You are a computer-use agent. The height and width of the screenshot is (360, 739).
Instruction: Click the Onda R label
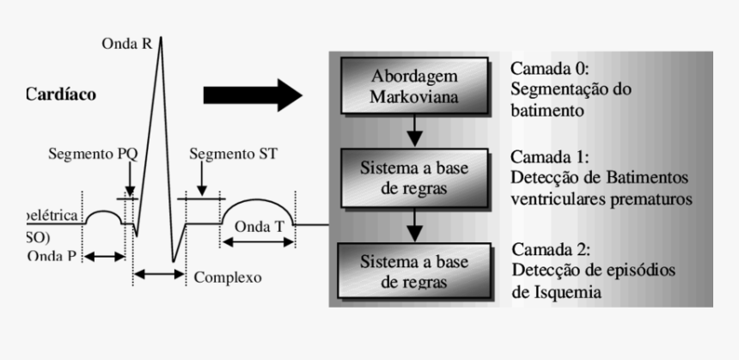tap(127, 42)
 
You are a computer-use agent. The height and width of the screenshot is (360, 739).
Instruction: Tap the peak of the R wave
tap(158, 40)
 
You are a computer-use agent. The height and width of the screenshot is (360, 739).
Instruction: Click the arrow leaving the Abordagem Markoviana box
tap(415, 129)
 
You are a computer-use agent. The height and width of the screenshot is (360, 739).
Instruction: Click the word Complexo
tap(228, 278)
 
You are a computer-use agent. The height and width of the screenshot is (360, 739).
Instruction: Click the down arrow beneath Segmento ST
tap(199, 181)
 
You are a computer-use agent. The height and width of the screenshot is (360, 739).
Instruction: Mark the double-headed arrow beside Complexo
tap(159, 274)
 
